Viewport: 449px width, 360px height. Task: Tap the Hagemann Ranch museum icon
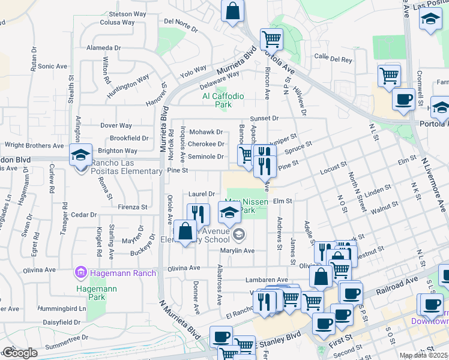tap(80, 274)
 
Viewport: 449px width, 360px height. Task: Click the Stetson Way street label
tap(128, 13)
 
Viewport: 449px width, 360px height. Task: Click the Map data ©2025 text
tap(423, 355)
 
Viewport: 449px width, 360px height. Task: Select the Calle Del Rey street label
tap(333, 59)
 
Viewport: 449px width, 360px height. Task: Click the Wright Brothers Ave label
tap(34, 146)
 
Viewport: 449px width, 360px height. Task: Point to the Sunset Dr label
tap(264, 119)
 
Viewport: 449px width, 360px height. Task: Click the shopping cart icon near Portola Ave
tap(271, 40)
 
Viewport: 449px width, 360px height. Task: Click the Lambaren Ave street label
tap(267, 280)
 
